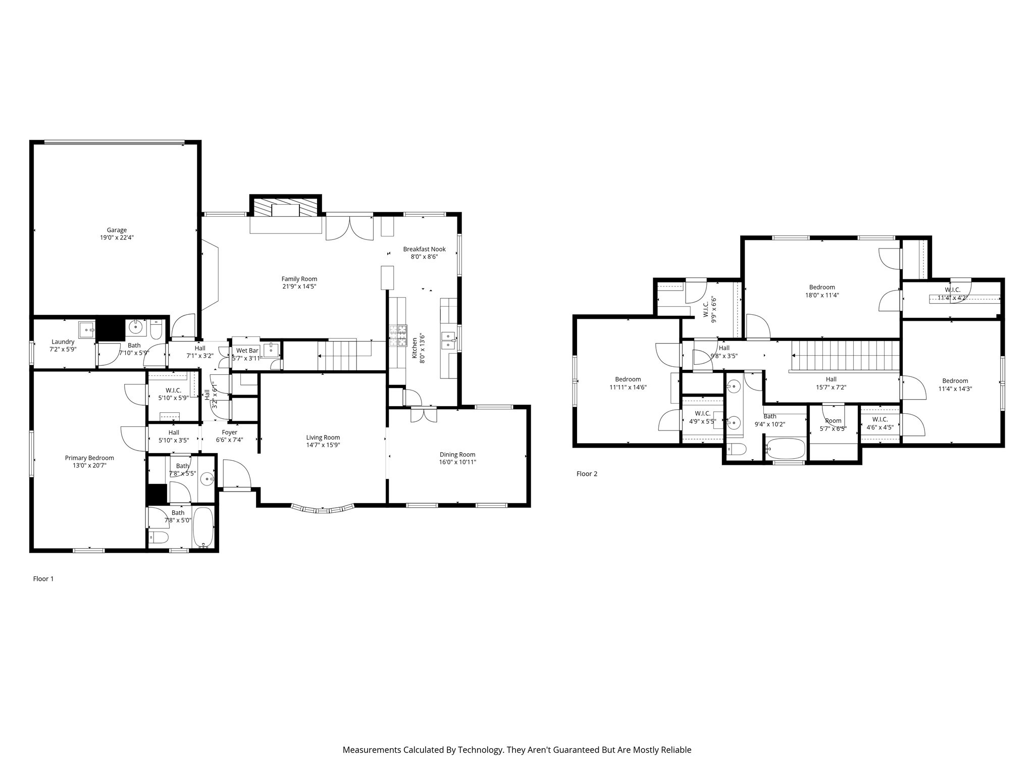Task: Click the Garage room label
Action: click(x=116, y=230)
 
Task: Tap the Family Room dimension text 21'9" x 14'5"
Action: click(x=299, y=286)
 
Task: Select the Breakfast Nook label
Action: click(x=424, y=249)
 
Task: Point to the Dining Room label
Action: click(x=457, y=454)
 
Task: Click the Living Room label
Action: click(x=323, y=438)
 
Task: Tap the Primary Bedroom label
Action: click(x=89, y=458)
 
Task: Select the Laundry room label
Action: click(x=63, y=342)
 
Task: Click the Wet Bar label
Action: click(x=247, y=350)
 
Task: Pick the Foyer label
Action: click(x=229, y=432)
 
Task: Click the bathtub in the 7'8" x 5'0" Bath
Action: click(x=203, y=527)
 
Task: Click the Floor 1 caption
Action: click(x=43, y=578)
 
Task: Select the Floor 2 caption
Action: click(x=587, y=473)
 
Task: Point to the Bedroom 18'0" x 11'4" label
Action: click(x=822, y=287)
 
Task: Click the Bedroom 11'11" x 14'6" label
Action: click(x=628, y=379)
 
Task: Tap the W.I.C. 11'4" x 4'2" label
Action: click(x=952, y=290)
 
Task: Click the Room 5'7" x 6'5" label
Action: click(x=833, y=421)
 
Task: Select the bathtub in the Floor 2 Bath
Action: click(x=786, y=448)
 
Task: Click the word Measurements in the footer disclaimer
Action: click(x=371, y=750)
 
